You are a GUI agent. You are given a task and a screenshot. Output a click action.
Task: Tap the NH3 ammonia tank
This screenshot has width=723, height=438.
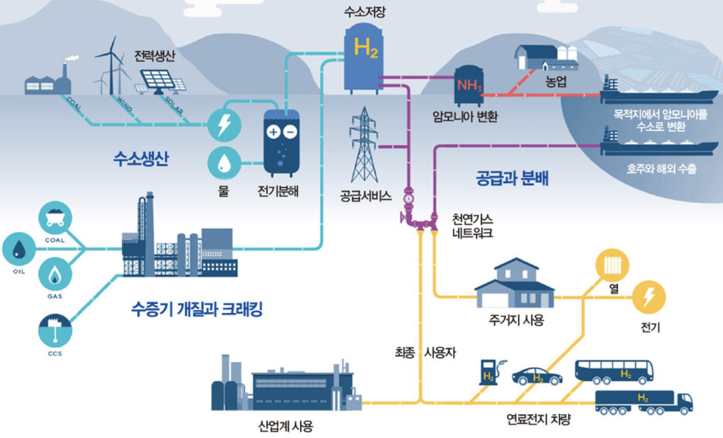click(468, 85)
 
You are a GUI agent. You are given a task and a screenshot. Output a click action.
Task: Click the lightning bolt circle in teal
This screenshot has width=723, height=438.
click(224, 125)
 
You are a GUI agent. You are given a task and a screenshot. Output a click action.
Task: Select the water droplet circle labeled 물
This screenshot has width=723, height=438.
click(224, 163)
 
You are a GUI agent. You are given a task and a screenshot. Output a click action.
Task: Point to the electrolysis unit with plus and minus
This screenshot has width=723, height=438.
click(281, 142)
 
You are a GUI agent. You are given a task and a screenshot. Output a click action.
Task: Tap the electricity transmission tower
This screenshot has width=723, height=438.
click(364, 145)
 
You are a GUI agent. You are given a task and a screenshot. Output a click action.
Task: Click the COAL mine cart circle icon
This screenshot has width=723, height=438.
click(55, 218)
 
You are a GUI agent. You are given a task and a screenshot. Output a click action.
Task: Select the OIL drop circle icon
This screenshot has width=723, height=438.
click(19, 249)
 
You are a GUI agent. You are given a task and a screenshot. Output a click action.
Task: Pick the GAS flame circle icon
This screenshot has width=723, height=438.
click(55, 274)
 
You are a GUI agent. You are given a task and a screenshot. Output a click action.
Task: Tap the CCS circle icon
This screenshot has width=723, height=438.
click(55, 330)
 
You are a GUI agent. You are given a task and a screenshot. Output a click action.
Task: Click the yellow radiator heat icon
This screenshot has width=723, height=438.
click(612, 265)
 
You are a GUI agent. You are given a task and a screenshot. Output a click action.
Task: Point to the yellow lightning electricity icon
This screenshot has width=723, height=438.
click(648, 297)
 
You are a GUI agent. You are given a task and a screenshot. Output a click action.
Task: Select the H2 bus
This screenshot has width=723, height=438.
click(614, 372)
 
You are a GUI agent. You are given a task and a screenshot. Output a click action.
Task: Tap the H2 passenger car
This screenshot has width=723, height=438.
click(537, 376)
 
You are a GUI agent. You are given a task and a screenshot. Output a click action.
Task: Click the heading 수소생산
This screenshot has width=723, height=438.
click(141, 159)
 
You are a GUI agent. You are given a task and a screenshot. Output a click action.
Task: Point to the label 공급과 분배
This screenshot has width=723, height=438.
click(512, 178)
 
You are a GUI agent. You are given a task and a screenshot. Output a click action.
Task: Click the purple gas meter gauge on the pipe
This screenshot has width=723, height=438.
click(409, 198)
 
